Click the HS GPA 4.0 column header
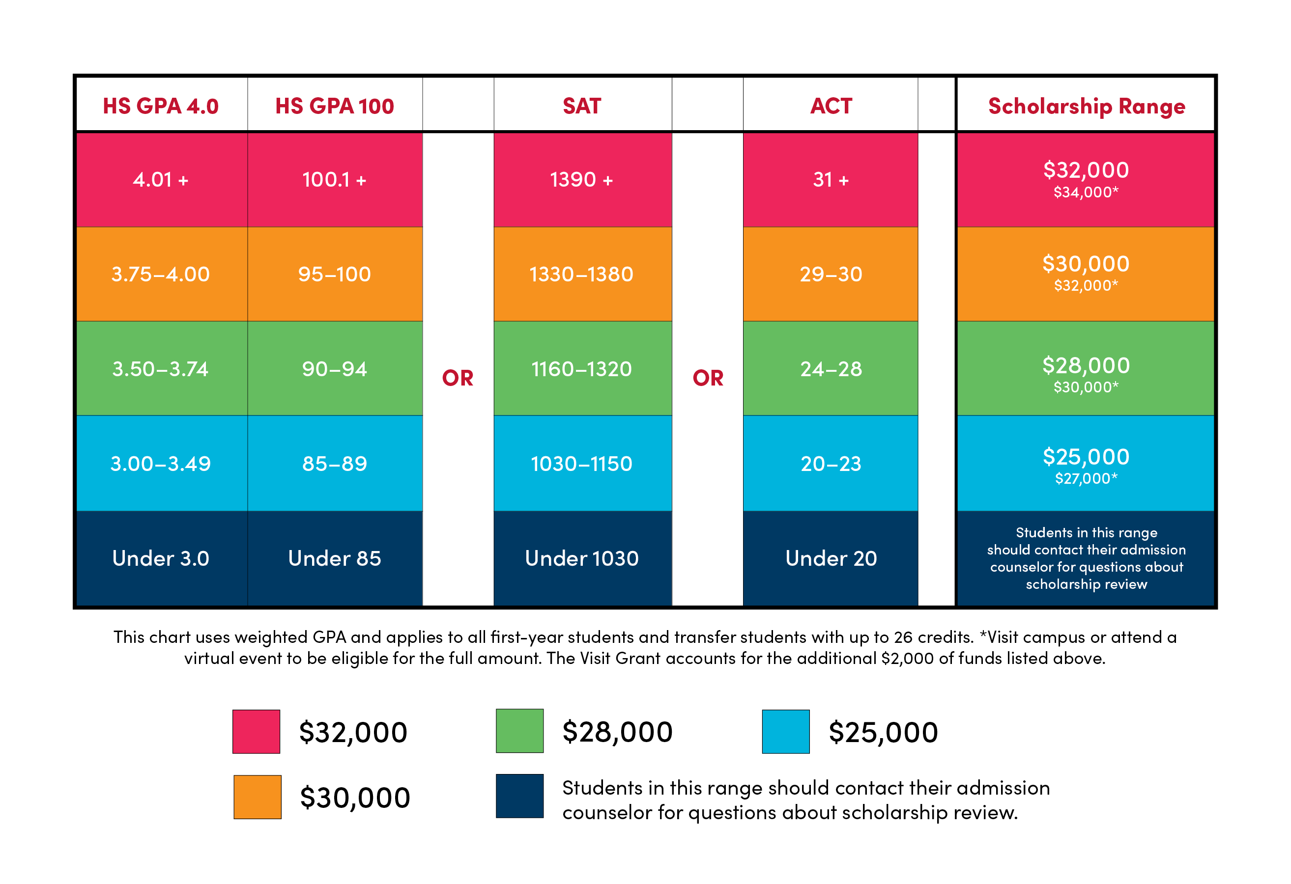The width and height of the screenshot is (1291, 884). [x=161, y=106]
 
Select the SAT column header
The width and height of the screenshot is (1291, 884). [x=582, y=106]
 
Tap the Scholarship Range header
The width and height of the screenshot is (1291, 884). [x=1086, y=106]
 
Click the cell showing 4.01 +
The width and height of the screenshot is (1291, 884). [x=161, y=180]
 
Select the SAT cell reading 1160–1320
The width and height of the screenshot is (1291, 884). [x=582, y=369]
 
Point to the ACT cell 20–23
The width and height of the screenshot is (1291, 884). [x=831, y=464]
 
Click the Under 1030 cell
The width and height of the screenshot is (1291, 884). [x=582, y=558]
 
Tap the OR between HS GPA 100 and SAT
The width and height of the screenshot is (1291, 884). [x=458, y=378]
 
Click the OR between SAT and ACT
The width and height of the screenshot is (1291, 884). [x=708, y=378]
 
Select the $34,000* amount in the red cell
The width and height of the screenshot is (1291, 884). [x=1086, y=193]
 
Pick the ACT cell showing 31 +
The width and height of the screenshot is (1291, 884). [x=831, y=180]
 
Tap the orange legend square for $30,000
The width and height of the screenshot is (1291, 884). [x=257, y=797]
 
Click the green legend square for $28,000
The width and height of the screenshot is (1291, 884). [x=519, y=731]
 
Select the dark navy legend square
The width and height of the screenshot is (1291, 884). [x=519, y=796]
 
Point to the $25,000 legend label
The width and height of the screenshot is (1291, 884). [x=883, y=732]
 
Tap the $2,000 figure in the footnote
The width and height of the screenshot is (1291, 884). [x=907, y=659]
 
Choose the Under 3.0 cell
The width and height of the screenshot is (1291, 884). [x=161, y=558]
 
